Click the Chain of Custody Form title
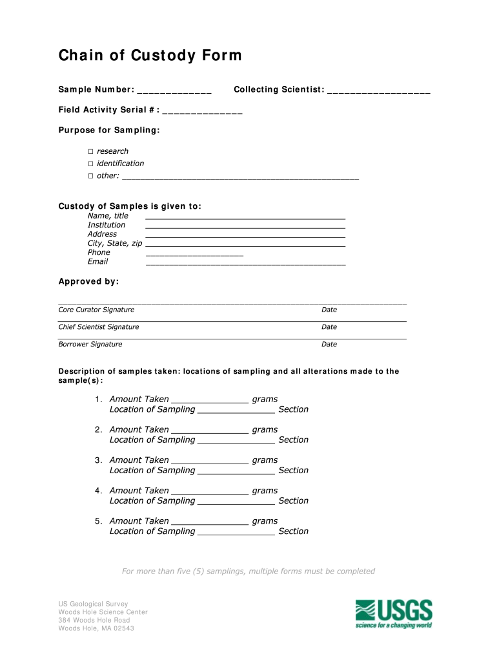tap(150, 56)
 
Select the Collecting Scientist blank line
tap(379, 90)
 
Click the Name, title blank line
tap(245, 217)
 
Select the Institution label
tap(107, 225)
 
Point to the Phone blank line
tap(194, 253)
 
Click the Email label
tap(98, 262)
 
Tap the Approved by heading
tap(88, 282)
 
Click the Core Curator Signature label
tap(96, 310)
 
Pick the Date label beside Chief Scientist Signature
tap(329, 327)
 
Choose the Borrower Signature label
tap(90, 345)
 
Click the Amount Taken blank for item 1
tap(210, 400)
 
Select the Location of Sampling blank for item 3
tap(236, 471)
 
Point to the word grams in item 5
tap(265, 521)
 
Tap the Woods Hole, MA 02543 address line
tap(96, 628)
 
